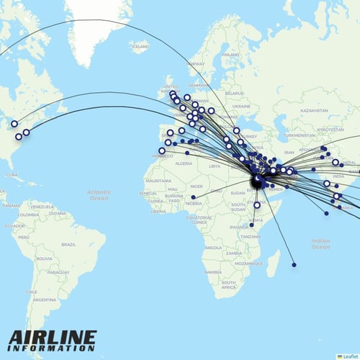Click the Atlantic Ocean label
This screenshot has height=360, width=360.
[x=99, y=194]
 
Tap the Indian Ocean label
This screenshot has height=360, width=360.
[x=320, y=243]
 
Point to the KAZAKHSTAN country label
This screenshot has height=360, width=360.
[x=294, y=110]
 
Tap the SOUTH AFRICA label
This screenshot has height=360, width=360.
[x=228, y=284]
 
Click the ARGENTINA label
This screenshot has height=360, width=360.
[x=44, y=300]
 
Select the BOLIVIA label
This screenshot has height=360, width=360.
[x=45, y=258]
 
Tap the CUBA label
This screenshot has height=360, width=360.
[x=9, y=175]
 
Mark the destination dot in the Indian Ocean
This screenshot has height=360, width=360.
[x=294, y=265]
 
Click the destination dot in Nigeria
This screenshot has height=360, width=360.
[x=194, y=197]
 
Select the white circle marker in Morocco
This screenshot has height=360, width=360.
[x=161, y=151]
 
